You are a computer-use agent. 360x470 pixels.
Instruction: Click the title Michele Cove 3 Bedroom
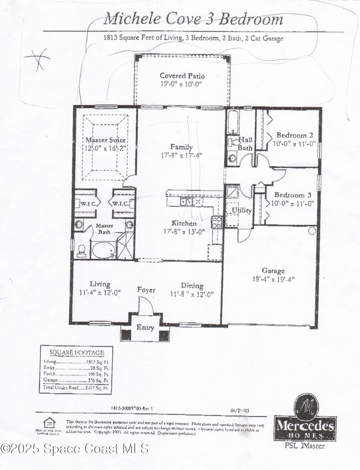click(x=193, y=19)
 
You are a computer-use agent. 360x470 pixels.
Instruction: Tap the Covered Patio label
click(x=182, y=75)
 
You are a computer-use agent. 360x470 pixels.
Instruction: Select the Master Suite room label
click(x=105, y=140)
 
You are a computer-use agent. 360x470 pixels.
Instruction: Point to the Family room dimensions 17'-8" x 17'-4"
click(x=182, y=155)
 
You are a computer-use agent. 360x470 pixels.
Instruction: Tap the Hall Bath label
click(x=245, y=144)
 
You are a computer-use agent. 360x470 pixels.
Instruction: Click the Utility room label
click(x=242, y=211)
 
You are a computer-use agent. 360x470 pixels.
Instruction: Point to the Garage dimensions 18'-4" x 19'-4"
click(x=274, y=279)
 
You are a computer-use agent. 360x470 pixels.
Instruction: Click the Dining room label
click(x=192, y=285)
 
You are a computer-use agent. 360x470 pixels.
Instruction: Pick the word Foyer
click(x=147, y=290)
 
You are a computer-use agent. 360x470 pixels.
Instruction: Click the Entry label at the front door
click(x=145, y=328)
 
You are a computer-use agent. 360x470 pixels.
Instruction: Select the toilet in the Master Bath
click(x=81, y=252)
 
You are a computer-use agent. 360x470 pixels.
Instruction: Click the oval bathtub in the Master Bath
click(x=103, y=251)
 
